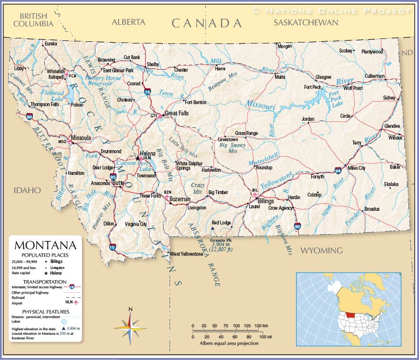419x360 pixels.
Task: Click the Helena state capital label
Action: (x=148, y=153)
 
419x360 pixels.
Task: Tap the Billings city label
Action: (x=266, y=201)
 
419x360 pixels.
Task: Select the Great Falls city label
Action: (x=177, y=113)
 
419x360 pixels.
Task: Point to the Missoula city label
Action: (x=80, y=138)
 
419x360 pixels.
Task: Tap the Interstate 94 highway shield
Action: (x=338, y=171)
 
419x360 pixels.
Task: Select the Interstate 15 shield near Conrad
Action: (x=147, y=92)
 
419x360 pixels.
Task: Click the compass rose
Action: (x=130, y=328)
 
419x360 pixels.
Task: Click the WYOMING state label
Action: (x=321, y=250)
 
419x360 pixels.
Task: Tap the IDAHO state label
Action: (x=27, y=190)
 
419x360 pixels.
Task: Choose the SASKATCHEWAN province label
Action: (x=305, y=22)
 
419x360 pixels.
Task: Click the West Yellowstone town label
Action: (x=186, y=254)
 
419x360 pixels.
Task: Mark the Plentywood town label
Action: (x=372, y=51)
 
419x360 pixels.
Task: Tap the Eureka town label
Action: (x=51, y=44)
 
